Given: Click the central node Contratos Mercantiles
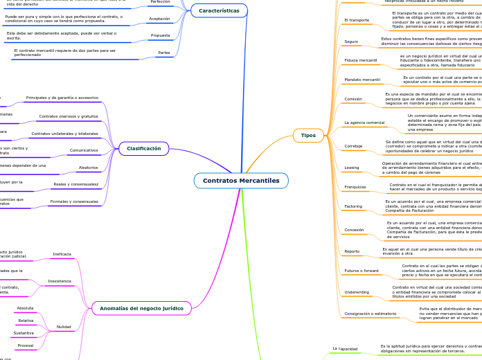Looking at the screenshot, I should [x=241, y=181].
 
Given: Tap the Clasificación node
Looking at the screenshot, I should [x=143, y=148].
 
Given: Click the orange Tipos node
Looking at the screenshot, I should [x=308, y=135].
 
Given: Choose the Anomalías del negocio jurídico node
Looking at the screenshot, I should [x=141, y=307].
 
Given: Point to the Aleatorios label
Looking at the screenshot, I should [x=88, y=168].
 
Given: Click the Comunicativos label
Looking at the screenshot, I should [x=84, y=150].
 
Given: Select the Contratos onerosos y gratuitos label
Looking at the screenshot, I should [x=69, y=116].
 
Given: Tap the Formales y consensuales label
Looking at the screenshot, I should [x=73, y=201].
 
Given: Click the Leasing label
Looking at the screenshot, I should [x=352, y=167].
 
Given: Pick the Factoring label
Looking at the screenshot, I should [x=353, y=206].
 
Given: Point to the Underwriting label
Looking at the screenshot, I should [x=357, y=292].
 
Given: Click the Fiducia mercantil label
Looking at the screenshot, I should [x=361, y=61].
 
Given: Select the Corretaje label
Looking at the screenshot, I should [x=353, y=146].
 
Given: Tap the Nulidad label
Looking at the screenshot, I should [x=64, y=326].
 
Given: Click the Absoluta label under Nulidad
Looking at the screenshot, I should [x=26, y=307].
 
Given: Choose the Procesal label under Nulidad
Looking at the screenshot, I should [x=26, y=345].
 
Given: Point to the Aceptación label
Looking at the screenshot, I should [x=159, y=19].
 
